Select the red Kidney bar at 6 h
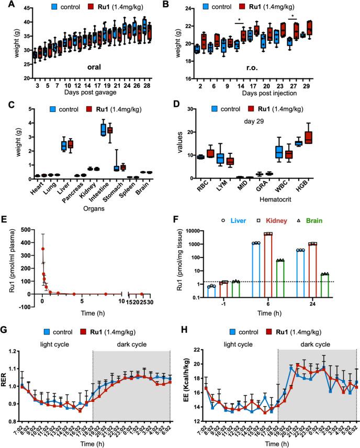pos(268,266)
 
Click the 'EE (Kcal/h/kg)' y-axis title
pos(183,380)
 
